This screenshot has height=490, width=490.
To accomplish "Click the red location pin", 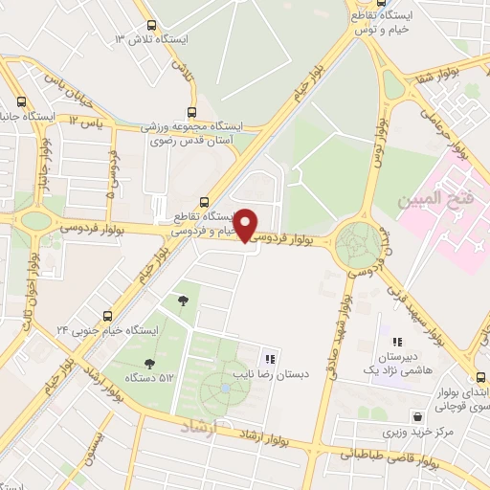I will (246, 224).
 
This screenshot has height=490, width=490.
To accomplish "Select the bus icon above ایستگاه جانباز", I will (22, 101).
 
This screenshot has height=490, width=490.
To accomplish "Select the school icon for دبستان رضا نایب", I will (270, 359).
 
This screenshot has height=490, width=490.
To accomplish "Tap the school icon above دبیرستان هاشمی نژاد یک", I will (396, 342).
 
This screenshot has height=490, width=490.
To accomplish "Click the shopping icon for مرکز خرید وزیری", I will (417, 416).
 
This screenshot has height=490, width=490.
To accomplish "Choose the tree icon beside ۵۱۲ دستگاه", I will (148, 363).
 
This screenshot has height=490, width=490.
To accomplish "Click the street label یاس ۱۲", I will (85, 122).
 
